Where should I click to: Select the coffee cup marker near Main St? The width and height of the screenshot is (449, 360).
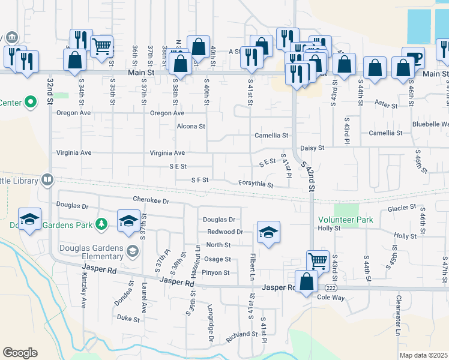pos(413,59)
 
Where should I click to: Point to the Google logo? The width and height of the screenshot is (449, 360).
pos(20,353)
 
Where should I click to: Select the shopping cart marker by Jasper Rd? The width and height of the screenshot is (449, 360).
pos(318,261)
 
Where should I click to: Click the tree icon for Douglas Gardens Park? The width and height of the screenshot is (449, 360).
pos(102,224)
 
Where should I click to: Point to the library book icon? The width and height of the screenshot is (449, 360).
pos(47,179)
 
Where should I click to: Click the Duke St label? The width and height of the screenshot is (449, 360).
pos(128,318)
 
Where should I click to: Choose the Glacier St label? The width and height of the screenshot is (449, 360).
pos(402,208)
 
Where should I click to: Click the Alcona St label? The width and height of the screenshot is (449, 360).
pos(191,127)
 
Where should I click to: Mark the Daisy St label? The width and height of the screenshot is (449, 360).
pos(312,148)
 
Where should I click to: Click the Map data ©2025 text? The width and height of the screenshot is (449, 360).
pos(424,355)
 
